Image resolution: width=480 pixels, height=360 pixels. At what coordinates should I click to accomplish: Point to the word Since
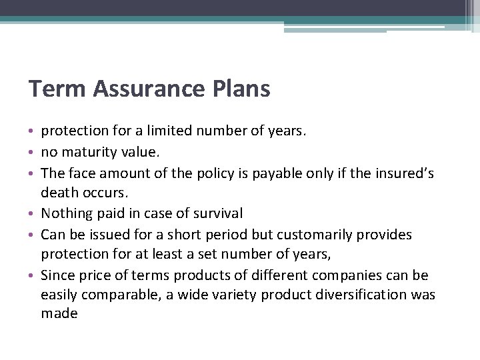click(57, 275)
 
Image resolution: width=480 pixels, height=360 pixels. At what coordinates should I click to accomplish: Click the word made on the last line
click(59, 313)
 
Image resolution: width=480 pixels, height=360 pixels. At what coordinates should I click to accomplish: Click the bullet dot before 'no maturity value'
click(33, 153)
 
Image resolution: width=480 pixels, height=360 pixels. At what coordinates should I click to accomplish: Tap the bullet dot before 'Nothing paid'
click(33, 214)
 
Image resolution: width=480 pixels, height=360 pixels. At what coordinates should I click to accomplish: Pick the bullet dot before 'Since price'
click(33, 276)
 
